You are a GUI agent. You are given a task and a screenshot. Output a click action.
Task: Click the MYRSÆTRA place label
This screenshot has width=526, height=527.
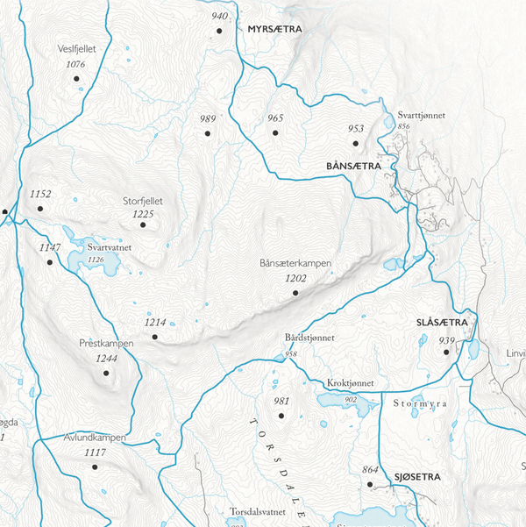[x=274, y=29]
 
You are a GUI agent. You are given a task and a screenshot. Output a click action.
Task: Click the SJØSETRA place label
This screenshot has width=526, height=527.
[x=411, y=476]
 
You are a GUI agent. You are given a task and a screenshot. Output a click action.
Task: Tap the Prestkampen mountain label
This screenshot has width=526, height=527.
[x=106, y=344]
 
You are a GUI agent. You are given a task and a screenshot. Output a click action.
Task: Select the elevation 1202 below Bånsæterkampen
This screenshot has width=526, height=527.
[x=296, y=278]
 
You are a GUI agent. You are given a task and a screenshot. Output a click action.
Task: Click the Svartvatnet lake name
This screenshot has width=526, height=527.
[x=109, y=248]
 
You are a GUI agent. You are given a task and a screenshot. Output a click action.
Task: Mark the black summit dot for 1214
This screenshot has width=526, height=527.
[x=154, y=337]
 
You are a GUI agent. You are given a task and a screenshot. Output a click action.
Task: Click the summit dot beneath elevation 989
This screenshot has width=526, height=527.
[x=208, y=133]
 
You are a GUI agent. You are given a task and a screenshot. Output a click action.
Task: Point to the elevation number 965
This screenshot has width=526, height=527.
[x=275, y=118]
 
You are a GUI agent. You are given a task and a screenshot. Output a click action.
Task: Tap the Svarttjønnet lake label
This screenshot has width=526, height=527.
[x=420, y=115]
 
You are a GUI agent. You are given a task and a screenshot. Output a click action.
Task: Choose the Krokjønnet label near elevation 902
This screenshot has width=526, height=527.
[x=351, y=384]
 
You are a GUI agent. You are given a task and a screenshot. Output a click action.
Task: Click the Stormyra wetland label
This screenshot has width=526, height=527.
[x=419, y=404]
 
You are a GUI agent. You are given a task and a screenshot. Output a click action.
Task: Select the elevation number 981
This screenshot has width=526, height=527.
[x=281, y=402]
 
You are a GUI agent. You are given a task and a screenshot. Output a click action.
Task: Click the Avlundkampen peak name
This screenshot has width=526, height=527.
[x=96, y=438]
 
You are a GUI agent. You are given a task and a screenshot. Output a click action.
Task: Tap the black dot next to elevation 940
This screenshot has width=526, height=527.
[x=219, y=31]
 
